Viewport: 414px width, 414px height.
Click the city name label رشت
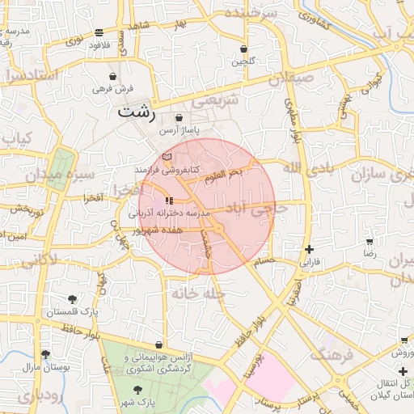[136, 112]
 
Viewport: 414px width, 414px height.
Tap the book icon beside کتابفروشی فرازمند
[167, 156]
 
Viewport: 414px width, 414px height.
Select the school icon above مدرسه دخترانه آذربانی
[169, 200]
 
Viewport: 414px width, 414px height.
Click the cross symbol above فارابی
[309, 249]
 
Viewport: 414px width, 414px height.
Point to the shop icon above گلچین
[243, 49]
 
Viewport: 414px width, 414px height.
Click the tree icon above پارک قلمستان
[73, 299]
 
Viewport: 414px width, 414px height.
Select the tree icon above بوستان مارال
[45, 354]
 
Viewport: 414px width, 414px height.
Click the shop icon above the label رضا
[370, 241]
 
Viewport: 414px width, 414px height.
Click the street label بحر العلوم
[224, 174]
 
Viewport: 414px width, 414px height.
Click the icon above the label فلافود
[99, 33]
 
